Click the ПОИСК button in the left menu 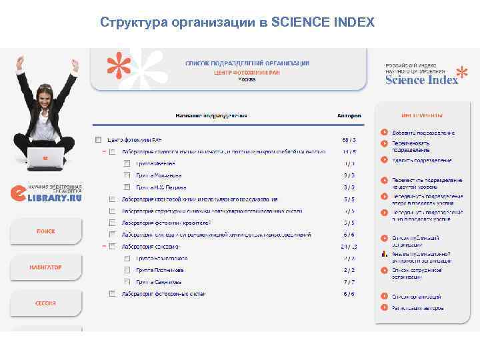[45, 231]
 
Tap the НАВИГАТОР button [45, 267]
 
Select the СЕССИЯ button [45, 303]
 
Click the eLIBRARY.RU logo [47, 193]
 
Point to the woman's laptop [45, 158]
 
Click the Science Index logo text [421, 80]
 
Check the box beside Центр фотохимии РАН [98, 140]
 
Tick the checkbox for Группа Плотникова [127, 270]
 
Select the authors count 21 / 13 [349, 247]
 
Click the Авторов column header [349, 115]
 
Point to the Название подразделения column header [211, 115]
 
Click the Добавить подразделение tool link [423, 133]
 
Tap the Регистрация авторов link [417, 308]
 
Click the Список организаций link [416, 297]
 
